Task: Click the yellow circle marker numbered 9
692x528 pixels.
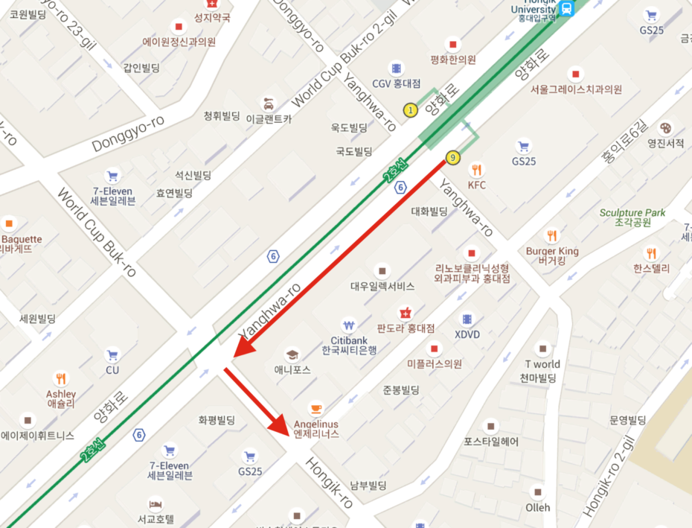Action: click(451, 157)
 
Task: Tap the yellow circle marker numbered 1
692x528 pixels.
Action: click(409, 110)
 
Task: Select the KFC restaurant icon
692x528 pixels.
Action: click(477, 170)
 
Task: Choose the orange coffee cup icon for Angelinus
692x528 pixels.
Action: click(316, 408)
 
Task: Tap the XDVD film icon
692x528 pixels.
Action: click(467, 319)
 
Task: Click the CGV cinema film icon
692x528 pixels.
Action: click(397, 68)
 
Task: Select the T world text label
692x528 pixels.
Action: click(542, 364)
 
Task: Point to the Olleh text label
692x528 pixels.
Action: click(537, 507)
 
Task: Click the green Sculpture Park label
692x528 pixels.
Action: click(632, 213)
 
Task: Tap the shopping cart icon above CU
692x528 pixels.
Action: click(112, 355)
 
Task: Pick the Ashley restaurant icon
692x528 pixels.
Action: click(60, 379)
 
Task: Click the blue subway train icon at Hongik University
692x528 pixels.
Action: click(567, 8)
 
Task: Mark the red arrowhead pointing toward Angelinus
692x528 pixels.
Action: click(280, 425)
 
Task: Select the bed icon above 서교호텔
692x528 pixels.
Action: click(156, 504)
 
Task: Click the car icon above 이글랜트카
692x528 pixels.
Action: click(268, 103)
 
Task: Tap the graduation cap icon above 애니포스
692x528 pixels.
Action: click(292, 354)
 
